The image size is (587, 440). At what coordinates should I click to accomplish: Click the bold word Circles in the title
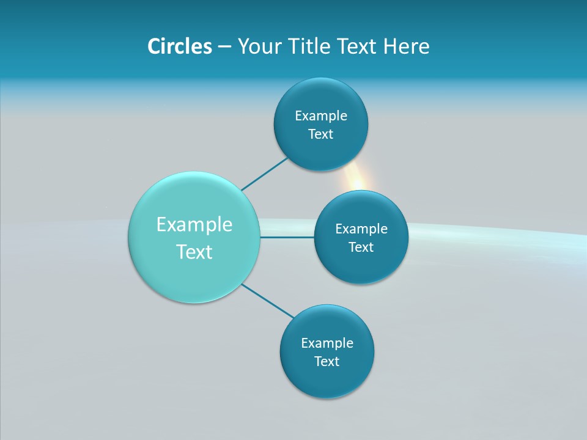[179, 46]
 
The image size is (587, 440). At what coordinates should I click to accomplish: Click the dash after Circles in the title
[224, 47]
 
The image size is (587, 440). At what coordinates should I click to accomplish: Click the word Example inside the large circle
[194, 225]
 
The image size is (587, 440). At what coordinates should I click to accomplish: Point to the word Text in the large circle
[194, 252]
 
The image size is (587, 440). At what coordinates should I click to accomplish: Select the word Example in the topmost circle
[320, 116]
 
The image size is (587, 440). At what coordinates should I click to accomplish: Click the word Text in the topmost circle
[320, 134]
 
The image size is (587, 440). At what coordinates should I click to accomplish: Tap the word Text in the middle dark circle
[361, 248]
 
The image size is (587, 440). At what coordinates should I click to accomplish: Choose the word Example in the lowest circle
[327, 343]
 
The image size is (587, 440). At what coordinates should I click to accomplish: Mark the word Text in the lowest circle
[327, 362]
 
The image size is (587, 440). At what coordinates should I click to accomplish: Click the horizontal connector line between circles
[287, 237]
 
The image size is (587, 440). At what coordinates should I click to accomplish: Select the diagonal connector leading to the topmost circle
[264, 174]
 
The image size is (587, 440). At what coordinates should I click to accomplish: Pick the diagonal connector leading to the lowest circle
[268, 300]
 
